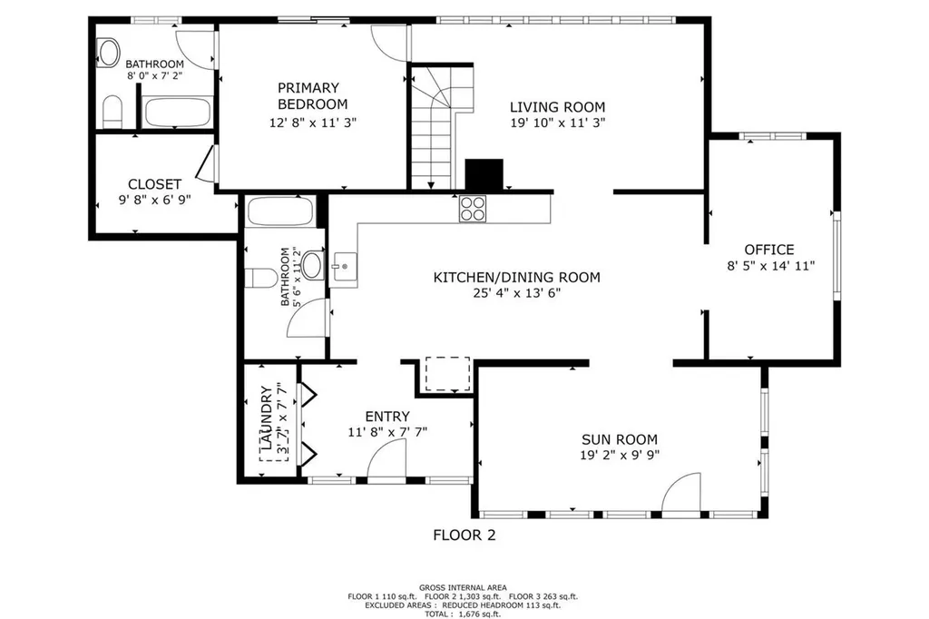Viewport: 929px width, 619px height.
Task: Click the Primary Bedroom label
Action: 308,96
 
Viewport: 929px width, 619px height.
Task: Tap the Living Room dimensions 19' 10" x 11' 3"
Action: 557,122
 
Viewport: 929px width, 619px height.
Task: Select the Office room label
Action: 768,250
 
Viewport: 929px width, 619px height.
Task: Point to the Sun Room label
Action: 619,439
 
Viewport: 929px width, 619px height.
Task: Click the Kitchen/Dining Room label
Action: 516,278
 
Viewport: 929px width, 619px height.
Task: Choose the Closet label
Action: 154,184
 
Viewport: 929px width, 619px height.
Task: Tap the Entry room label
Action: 387,417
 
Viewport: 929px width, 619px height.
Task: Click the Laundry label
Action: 266,419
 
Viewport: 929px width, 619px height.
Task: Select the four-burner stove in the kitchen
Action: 472,209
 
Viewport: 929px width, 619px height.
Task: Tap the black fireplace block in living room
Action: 484,174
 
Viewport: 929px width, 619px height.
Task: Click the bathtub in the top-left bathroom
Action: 179,113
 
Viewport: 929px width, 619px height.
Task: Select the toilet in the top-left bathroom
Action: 112,113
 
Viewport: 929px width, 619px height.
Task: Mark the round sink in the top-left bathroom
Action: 110,53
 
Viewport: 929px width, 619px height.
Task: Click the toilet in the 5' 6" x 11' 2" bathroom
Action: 261,277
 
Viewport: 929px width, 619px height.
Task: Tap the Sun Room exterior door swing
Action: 682,495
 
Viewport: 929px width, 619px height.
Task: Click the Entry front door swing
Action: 387,464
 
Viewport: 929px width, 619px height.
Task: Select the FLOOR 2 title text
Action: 464,535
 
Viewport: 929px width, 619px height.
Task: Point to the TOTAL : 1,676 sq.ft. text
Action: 464,613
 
